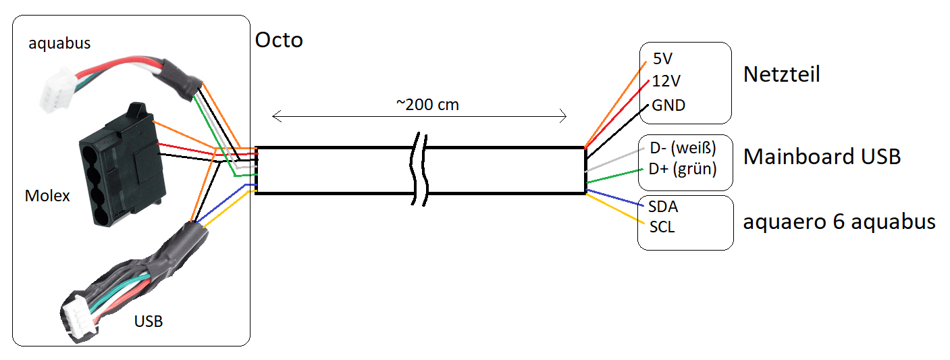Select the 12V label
click(666, 81)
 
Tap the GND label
click(668, 105)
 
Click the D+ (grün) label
click(682, 169)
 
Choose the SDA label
click(662, 206)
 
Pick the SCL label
click(662, 227)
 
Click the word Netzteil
click(781, 74)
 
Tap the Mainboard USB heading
click(822, 157)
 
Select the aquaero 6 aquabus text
click(839, 222)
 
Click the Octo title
click(279, 40)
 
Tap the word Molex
click(47, 197)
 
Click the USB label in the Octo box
click(148, 321)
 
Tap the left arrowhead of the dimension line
click(276, 117)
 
